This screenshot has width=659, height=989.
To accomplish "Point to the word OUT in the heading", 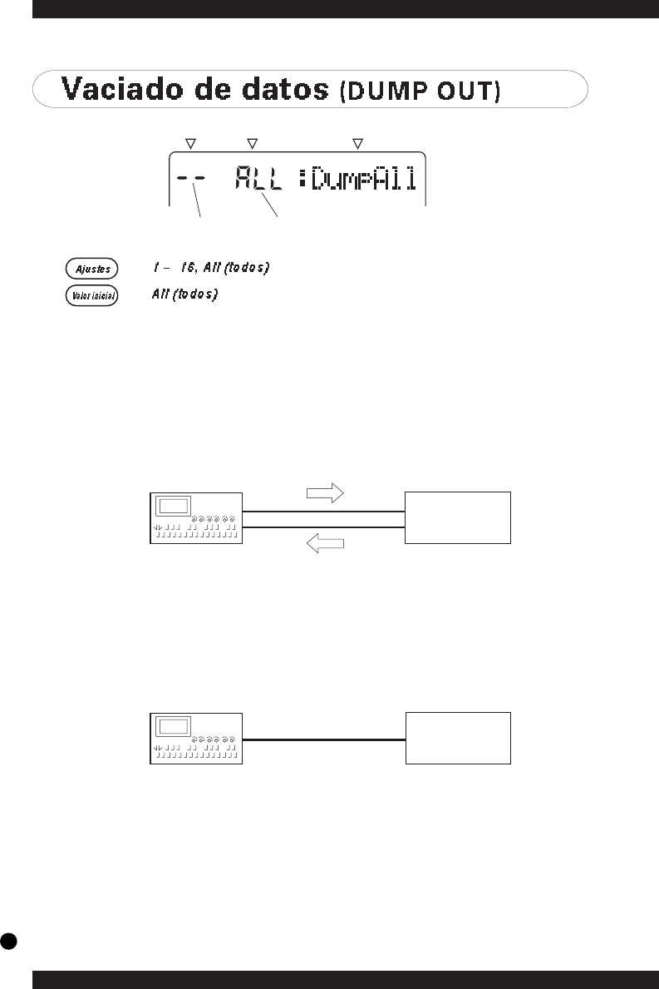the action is (466, 91).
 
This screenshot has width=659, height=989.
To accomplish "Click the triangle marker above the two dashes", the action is (190, 144).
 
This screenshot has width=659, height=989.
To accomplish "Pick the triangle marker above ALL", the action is (253, 144).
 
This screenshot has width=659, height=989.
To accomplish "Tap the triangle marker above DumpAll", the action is (358, 144).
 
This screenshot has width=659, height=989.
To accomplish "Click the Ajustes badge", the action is (92, 269).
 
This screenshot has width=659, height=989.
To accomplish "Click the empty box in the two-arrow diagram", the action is (457, 517).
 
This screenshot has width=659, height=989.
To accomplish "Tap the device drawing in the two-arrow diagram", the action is (196, 517).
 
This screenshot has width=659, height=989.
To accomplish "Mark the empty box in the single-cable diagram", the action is (457, 738).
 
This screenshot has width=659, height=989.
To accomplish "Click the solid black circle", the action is (9, 940).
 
